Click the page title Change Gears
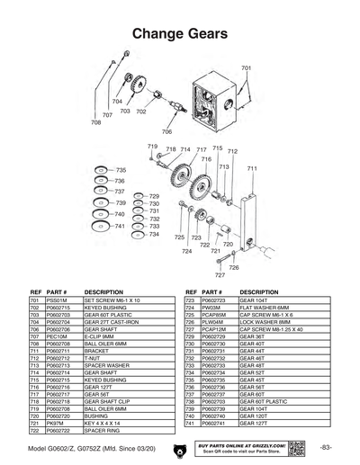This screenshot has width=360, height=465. point(180,33)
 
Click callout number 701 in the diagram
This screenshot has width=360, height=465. point(246,68)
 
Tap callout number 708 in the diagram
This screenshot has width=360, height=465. point(96,122)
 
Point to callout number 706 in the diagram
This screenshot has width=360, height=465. point(166,131)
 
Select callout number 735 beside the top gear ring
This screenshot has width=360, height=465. point(121,170)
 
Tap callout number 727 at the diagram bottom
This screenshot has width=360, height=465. point(220,275)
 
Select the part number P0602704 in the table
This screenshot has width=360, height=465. point(58,322)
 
